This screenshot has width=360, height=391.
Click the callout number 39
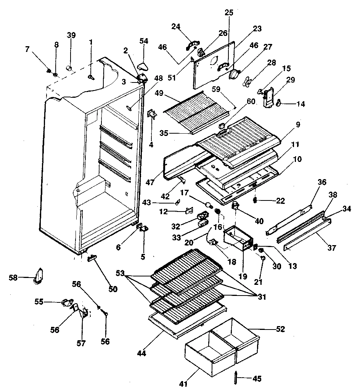(71, 35)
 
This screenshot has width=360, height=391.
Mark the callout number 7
(27, 49)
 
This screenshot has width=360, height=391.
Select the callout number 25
(229, 13)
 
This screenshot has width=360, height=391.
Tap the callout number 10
(298, 159)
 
